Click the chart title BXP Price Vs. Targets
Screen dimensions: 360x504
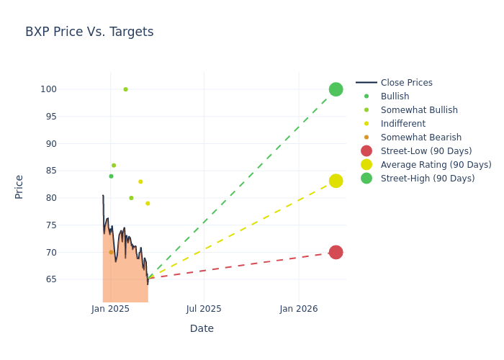click(89, 32)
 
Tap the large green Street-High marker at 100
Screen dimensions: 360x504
click(336, 89)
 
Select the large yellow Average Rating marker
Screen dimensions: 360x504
click(336, 181)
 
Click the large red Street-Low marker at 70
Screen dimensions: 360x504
click(336, 252)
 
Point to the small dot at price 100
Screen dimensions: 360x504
click(125, 89)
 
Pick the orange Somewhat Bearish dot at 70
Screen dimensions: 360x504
click(111, 252)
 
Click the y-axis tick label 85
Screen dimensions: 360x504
click(68, 171)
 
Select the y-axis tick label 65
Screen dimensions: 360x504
click(68, 279)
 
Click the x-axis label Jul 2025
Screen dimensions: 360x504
click(204, 309)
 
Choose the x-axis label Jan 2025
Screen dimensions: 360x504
click(110, 309)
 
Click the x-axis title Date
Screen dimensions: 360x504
click(202, 329)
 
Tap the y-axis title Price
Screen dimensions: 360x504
click(19, 186)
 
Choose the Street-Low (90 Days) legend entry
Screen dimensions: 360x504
click(426, 151)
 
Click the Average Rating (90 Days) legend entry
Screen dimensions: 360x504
click(436, 165)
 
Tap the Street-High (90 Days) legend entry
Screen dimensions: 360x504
click(428, 179)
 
